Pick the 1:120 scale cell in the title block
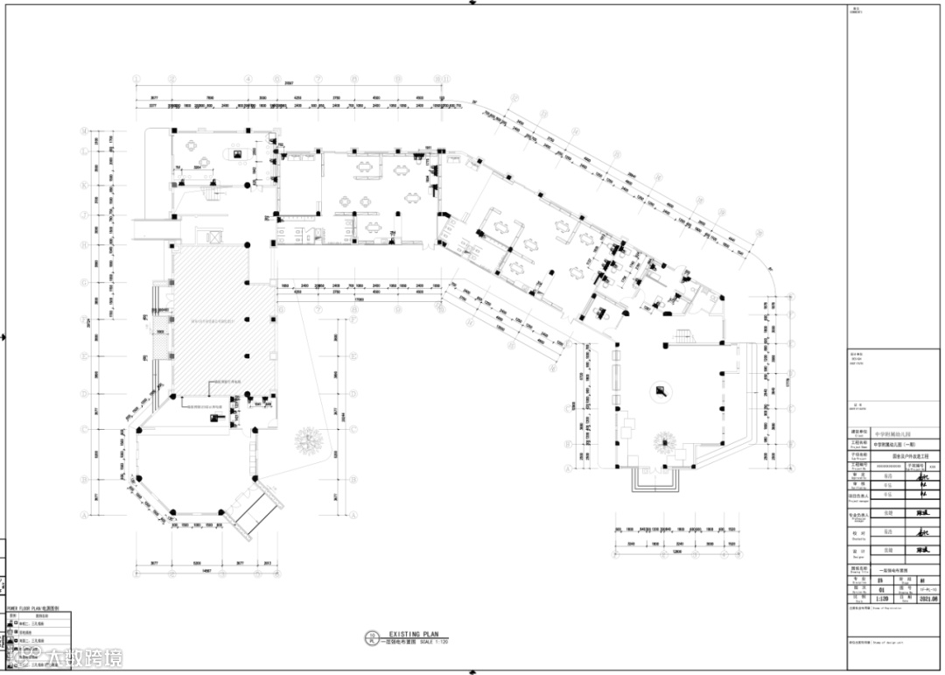pos(878,600)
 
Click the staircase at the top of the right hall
pos(681,336)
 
